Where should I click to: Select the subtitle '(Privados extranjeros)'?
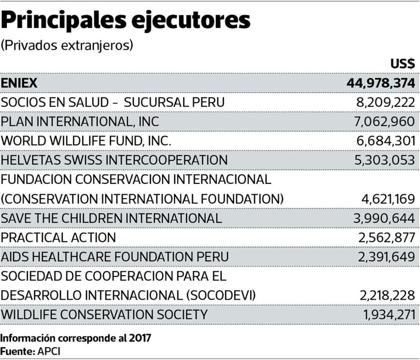point(67,45)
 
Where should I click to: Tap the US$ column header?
point(402,64)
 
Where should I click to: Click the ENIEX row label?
point(19,83)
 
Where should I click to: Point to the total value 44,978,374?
point(381,83)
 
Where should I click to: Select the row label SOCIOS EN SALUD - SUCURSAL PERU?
point(113,102)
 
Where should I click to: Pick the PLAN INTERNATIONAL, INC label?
point(80,122)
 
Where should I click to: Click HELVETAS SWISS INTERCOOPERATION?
point(114,160)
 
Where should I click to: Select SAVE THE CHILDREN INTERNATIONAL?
point(111,218)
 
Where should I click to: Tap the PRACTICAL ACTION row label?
point(58,237)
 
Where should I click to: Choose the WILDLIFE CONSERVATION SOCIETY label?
point(104,315)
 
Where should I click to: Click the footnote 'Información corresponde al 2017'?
point(76,338)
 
